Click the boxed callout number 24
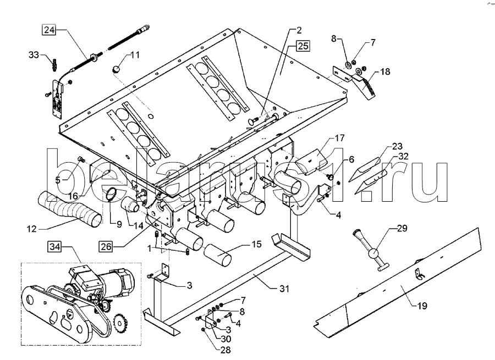tap(49, 30)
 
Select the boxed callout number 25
tap(302, 46)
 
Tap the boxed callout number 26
tap(106, 246)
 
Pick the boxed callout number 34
tap(55, 246)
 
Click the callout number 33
tap(34, 55)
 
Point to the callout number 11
tap(135, 55)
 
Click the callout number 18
tap(385, 71)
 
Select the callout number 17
tap(340, 138)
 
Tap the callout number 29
tap(402, 228)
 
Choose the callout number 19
tap(422, 306)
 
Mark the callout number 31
tap(284, 289)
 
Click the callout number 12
tap(32, 229)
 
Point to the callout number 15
tap(257, 244)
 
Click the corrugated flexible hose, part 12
tap(70, 209)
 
